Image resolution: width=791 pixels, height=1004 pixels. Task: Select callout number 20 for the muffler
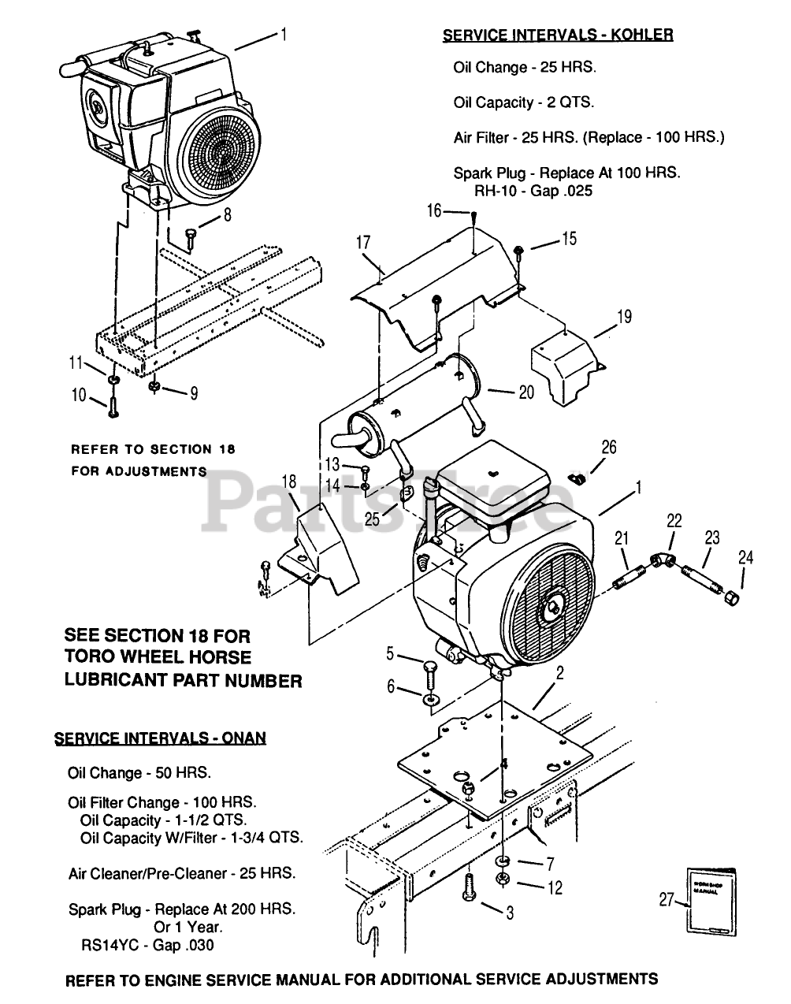pyautogui.click(x=526, y=392)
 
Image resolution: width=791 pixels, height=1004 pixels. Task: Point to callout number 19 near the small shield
pyautogui.click(x=624, y=318)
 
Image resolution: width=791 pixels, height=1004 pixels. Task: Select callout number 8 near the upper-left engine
pyautogui.click(x=228, y=214)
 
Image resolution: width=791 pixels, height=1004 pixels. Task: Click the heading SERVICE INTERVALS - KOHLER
pyautogui.click(x=558, y=35)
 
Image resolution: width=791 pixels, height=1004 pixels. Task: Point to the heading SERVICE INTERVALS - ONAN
pyautogui.click(x=160, y=738)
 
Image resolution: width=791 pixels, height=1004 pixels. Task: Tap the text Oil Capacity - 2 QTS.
pyautogui.click(x=524, y=102)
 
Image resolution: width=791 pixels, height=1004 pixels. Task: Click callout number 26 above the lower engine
pyautogui.click(x=609, y=448)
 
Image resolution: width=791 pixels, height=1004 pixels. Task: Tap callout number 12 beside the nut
pyautogui.click(x=555, y=888)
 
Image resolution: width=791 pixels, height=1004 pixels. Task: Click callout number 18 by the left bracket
pyautogui.click(x=288, y=482)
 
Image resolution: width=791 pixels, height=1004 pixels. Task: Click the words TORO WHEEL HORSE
pyautogui.click(x=158, y=657)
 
